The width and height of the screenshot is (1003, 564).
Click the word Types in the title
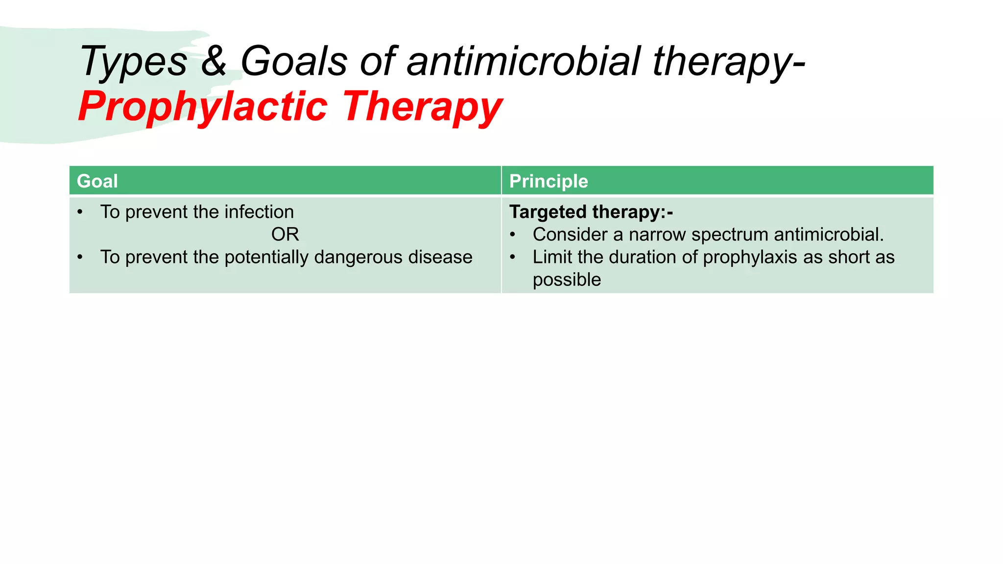pyautogui.click(x=133, y=63)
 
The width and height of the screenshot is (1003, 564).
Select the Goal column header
pyautogui.click(x=97, y=181)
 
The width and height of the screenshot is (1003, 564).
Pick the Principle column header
pyautogui.click(x=549, y=181)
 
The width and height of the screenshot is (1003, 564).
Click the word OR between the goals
pyautogui.click(x=285, y=235)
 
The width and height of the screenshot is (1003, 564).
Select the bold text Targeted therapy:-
pyautogui.click(x=591, y=212)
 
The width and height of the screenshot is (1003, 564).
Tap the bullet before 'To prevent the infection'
pyautogui.click(x=80, y=212)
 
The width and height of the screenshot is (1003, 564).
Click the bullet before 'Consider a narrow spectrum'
pyautogui.click(x=513, y=235)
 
